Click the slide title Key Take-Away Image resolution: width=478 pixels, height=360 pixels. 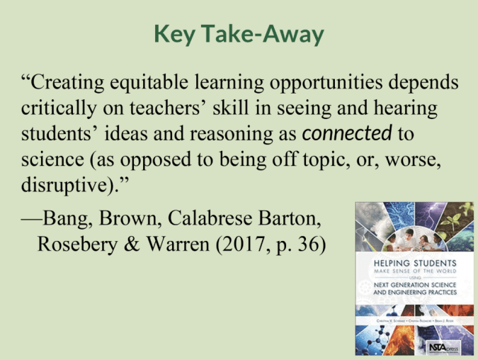pos(239,33)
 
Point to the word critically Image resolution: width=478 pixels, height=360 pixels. pos(57,108)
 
